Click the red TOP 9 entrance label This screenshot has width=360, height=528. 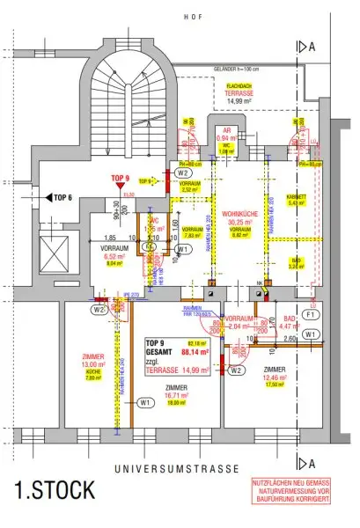point(121,178)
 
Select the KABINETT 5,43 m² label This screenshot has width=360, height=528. point(297,199)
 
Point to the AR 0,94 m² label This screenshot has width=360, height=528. point(226,134)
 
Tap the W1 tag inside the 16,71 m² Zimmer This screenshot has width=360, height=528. point(144,402)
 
